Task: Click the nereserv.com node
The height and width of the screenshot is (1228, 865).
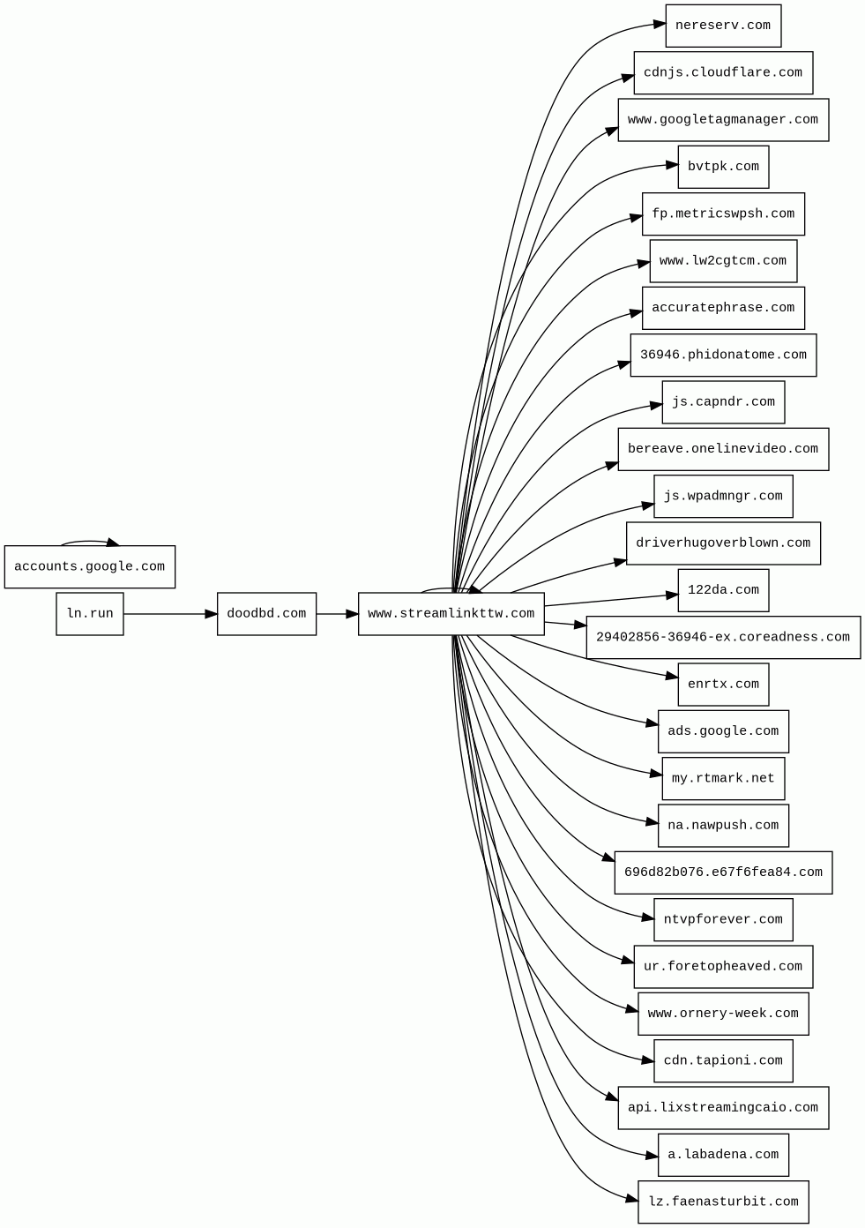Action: click(x=723, y=26)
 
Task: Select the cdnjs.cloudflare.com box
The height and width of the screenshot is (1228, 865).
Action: click(x=723, y=72)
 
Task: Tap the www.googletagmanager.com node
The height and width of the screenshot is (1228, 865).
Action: click(x=723, y=119)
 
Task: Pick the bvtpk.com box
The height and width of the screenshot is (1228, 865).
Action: click(x=723, y=167)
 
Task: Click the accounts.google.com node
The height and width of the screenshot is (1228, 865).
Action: click(x=89, y=566)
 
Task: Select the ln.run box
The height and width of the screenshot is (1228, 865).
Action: click(x=89, y=613)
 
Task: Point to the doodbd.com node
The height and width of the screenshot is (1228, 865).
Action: click(x=266, y=613)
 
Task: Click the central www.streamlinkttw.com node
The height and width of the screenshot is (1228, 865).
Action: click(x=451, y=613)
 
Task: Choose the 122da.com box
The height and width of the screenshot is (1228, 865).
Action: click(x=723, y=590)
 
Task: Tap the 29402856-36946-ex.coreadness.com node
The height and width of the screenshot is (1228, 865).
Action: click(x=723, y=637)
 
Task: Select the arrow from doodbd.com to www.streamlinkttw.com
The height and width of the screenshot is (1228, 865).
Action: click(x=337, y=613)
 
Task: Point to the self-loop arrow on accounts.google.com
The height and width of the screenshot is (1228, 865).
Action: click(x=88, y=541)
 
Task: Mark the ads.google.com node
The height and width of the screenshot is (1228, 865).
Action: click(x=723, y=731)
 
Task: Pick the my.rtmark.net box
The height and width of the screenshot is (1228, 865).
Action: click(x=723, y=778)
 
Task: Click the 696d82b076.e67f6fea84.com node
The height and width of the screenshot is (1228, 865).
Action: click(x=723, y=872)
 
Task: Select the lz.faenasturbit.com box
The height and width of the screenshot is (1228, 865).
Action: click(x=723, y=1202)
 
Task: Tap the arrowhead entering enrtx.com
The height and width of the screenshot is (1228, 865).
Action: click(x=672, y=678)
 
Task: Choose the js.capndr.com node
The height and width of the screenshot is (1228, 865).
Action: click(x=723, y=402)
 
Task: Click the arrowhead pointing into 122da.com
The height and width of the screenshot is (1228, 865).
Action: click(x=672, y=595)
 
